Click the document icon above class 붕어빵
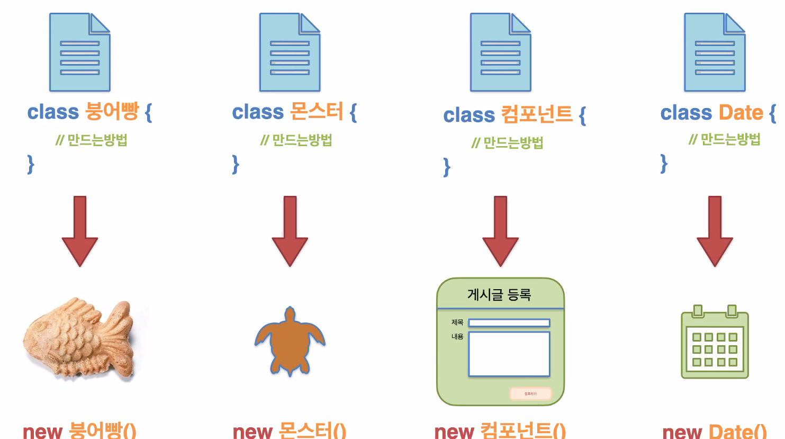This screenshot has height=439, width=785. click(x=79, y=52)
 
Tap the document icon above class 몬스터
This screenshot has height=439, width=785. click(x=290, y=52)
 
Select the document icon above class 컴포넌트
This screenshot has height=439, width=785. click(x=500, y=52)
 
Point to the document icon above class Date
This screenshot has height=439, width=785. click(x=715, y=52)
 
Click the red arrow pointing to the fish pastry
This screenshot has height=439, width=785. click(x=80, y=231)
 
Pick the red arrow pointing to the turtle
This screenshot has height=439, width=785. click(x=290, y=231)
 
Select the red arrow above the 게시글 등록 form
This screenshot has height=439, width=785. click(x=500, y=231)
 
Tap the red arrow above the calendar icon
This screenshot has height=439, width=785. click(x=715, y=231)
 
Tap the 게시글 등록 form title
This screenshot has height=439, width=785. click(x=499, y=294)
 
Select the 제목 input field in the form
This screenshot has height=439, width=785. click(x=509, y=322)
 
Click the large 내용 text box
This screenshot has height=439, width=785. click(x=509, y=354)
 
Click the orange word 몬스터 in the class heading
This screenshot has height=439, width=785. click(x=317, y=112)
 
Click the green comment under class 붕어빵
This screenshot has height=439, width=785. click(x=92, y=140)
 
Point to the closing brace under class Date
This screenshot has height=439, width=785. click(x=664, y=164)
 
